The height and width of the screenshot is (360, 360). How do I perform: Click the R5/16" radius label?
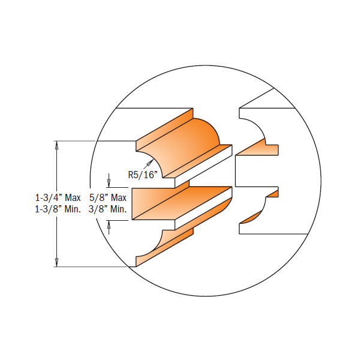tap(143, 175)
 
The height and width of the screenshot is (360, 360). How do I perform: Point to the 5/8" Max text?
tap(108, 197)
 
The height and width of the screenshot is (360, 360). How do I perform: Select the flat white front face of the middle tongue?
tap(153, 205)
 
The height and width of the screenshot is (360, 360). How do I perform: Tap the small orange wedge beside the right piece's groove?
tap(273, 193)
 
